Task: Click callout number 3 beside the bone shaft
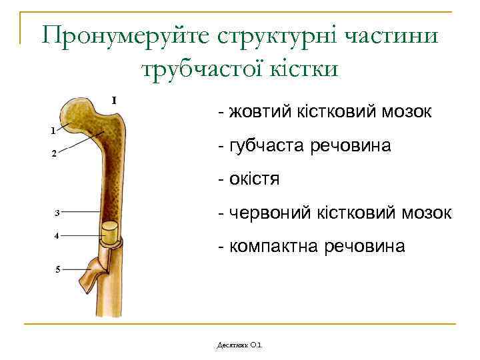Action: [x=57, y=213]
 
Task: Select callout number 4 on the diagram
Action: [x=57, y=236]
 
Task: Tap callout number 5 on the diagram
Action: [x=57, y=269]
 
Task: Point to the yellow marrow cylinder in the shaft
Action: [x=109, y=233]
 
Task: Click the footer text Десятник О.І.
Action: [x=240, y=345]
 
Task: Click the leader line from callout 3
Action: [x=80, y=212]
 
